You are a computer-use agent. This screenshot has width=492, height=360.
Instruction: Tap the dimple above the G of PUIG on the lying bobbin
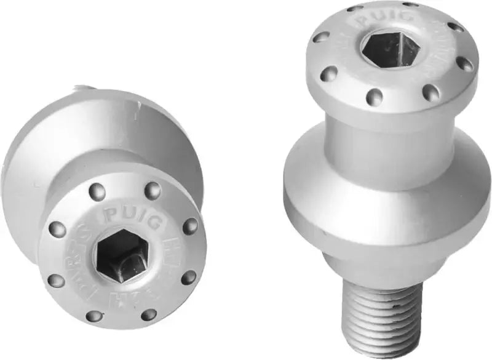(153, 190)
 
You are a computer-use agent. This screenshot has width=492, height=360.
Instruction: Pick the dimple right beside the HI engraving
(190, 226)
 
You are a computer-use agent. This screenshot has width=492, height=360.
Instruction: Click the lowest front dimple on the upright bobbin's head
(373, 96)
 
